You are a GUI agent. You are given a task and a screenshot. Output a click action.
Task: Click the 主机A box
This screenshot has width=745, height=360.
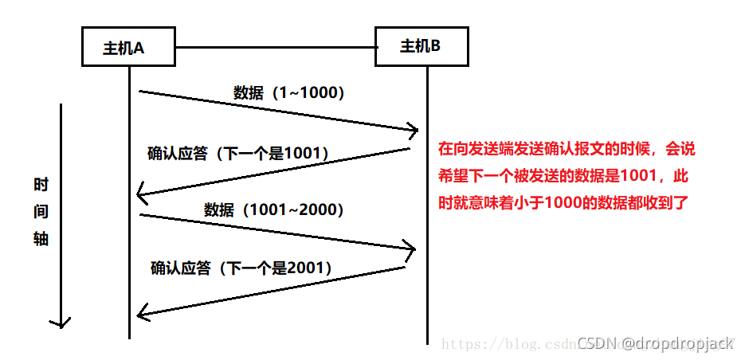click(x=128, y=47)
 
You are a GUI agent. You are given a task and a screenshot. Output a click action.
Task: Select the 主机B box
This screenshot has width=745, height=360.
click(x=422, y=46)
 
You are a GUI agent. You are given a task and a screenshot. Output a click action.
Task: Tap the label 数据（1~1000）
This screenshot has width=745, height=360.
click(x=289, y=92)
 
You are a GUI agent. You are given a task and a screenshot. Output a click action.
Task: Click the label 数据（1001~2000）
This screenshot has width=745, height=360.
click(x=274, y=209)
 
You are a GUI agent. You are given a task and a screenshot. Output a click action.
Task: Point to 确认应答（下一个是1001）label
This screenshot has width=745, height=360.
click(x=238, y=152)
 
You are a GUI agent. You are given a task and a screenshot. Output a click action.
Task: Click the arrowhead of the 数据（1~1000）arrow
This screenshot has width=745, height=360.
click(x=414, y=128)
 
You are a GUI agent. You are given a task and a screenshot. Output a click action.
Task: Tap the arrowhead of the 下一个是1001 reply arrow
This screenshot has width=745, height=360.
click(x=141, y=194)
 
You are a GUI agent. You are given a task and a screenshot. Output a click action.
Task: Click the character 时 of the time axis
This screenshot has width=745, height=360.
click(x=41, y=185)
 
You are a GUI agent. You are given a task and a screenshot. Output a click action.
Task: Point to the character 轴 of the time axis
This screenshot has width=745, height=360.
click(x=41, y=239)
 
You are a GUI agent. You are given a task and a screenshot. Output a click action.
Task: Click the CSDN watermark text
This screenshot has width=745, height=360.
click(x=654, y=343)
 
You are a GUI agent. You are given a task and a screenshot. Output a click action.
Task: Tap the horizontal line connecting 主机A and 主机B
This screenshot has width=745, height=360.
click(x=275, y=47)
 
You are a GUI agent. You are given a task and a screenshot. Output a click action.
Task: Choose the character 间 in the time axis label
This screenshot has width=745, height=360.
click(x=41, y=212)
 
